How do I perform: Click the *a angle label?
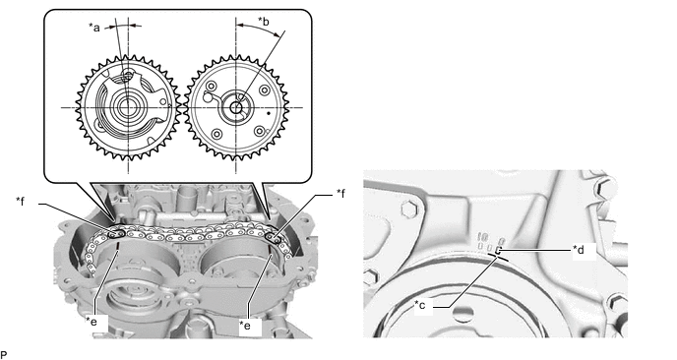click(x=94, y=28)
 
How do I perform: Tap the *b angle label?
click(x=264, y=21)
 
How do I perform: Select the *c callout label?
click(x=419, y=305)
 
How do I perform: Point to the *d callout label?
click(x=579, y=249)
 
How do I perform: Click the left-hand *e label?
click(x=92, y=321)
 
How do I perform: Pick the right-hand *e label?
click(x=245, y=325)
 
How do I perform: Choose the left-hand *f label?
click(x=21, y=201)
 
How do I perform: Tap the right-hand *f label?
click(x=341, y=194)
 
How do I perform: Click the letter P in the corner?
click(x=4, y=355)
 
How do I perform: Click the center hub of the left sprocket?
click(x=126, y=107)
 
